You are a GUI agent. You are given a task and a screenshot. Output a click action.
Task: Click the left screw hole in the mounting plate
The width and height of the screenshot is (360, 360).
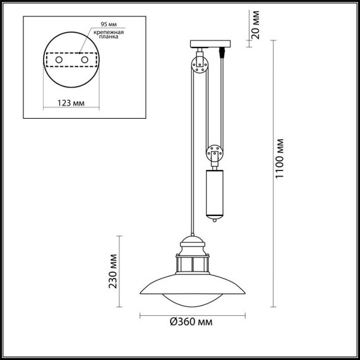[x=59, y=59]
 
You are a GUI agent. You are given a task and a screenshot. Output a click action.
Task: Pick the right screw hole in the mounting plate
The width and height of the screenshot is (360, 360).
[x=85, y=59]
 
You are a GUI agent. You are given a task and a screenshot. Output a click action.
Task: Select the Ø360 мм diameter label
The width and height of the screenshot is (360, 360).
[x=191, y=322]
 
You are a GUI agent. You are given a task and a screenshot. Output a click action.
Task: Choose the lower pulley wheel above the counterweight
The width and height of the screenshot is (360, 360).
[x=214, y=152]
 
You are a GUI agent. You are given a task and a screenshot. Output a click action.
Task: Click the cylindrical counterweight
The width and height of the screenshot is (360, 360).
[x=215, y=192]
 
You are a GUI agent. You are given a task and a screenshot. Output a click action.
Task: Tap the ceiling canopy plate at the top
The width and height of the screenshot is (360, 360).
[x=209, y=44]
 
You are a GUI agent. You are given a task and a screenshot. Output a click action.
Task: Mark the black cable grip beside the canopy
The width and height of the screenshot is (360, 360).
[x=222, y=52]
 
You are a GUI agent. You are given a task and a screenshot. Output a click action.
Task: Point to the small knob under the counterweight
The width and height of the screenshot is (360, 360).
[x=215, y=220]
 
